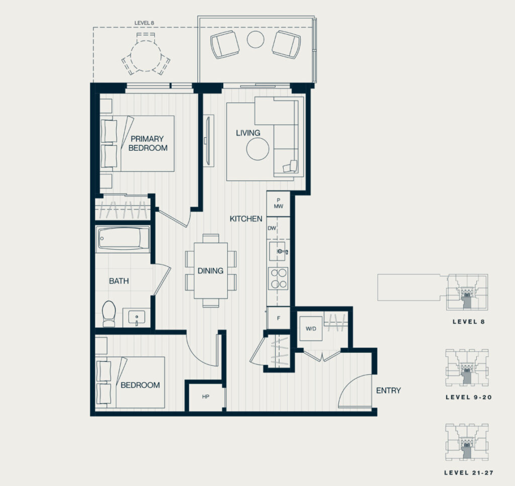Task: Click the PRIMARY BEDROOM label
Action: (x=148, y=143)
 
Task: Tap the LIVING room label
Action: (x=248, y=133)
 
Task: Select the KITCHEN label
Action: (x=246, y=219)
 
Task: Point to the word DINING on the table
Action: (x=211, y=271)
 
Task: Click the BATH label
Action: (x=119, y=281)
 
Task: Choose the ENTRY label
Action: (x=389, y=391)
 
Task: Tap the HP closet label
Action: (x=206, y=397)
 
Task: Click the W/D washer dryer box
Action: (x=311, y=329)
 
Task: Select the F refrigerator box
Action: (x=279, y=318)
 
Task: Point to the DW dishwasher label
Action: (x=272, y=228)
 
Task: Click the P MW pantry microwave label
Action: (x=279, y=203)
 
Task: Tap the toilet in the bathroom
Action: (x=109, y=314)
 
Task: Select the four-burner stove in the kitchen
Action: (x=278, y=278)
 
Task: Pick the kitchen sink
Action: (x=278, y=251)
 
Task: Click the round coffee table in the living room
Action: (x=258, y=149)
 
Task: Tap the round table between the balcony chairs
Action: (x=255, y=39)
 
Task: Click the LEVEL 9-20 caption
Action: (x=469, y=397)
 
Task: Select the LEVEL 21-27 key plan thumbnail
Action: (x=467, y=442)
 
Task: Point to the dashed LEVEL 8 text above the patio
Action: (x=144, y=23)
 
